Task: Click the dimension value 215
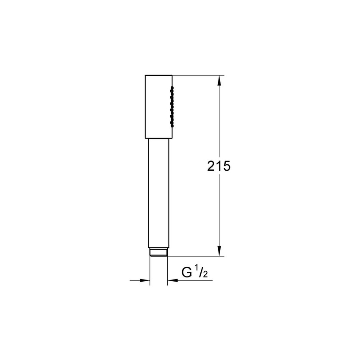point(219,166)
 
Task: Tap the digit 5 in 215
point(226,166)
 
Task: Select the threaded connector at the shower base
point(159,252)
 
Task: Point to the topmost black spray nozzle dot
point(172,87)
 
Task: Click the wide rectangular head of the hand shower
point(159,107)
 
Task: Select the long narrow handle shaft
point(159,193)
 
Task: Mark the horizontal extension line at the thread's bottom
point(195,256)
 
